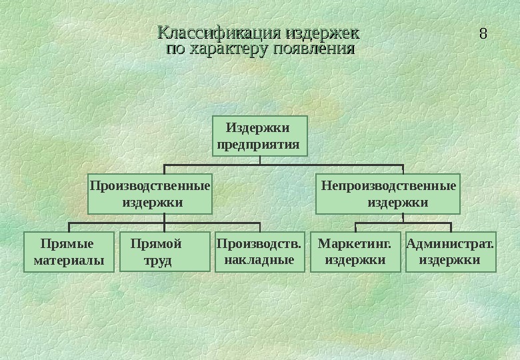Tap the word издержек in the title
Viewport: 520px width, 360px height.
[x=322, y=33]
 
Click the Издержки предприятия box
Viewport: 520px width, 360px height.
[x=259, y=135]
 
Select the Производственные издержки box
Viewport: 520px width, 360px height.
[x=149, y=193]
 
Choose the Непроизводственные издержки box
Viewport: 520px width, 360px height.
[x=388, y=193]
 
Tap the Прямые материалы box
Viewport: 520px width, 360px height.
[x=69, y=252]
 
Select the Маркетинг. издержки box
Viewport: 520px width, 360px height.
[x=355, y=252]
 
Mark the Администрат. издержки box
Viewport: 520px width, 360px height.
[x=451, y=252]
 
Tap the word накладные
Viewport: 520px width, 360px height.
[x=259, y=260]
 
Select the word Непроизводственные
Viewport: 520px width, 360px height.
[x=389, y=185]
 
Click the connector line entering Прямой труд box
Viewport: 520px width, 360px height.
[x=164, y=227]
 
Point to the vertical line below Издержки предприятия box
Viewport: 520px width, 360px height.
[x=260, y=160]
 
